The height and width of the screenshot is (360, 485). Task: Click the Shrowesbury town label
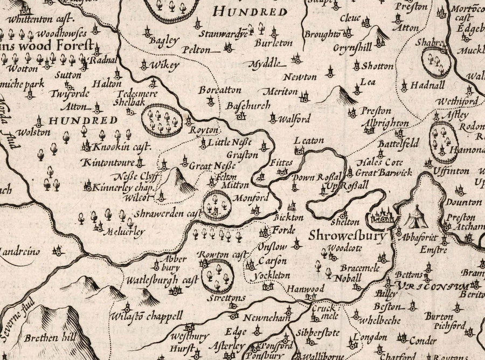pyautogui.click(x=348, y=236)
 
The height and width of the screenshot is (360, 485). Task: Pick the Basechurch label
pyautogui.click(x=248, y=106)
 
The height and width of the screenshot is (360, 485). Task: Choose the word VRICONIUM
pyautogui.click(x=432, y=286)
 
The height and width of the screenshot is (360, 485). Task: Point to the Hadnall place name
pyautogui.click(x=427, y=85)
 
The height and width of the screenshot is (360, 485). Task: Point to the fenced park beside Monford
pyautogui.click(x=218, y=205)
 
